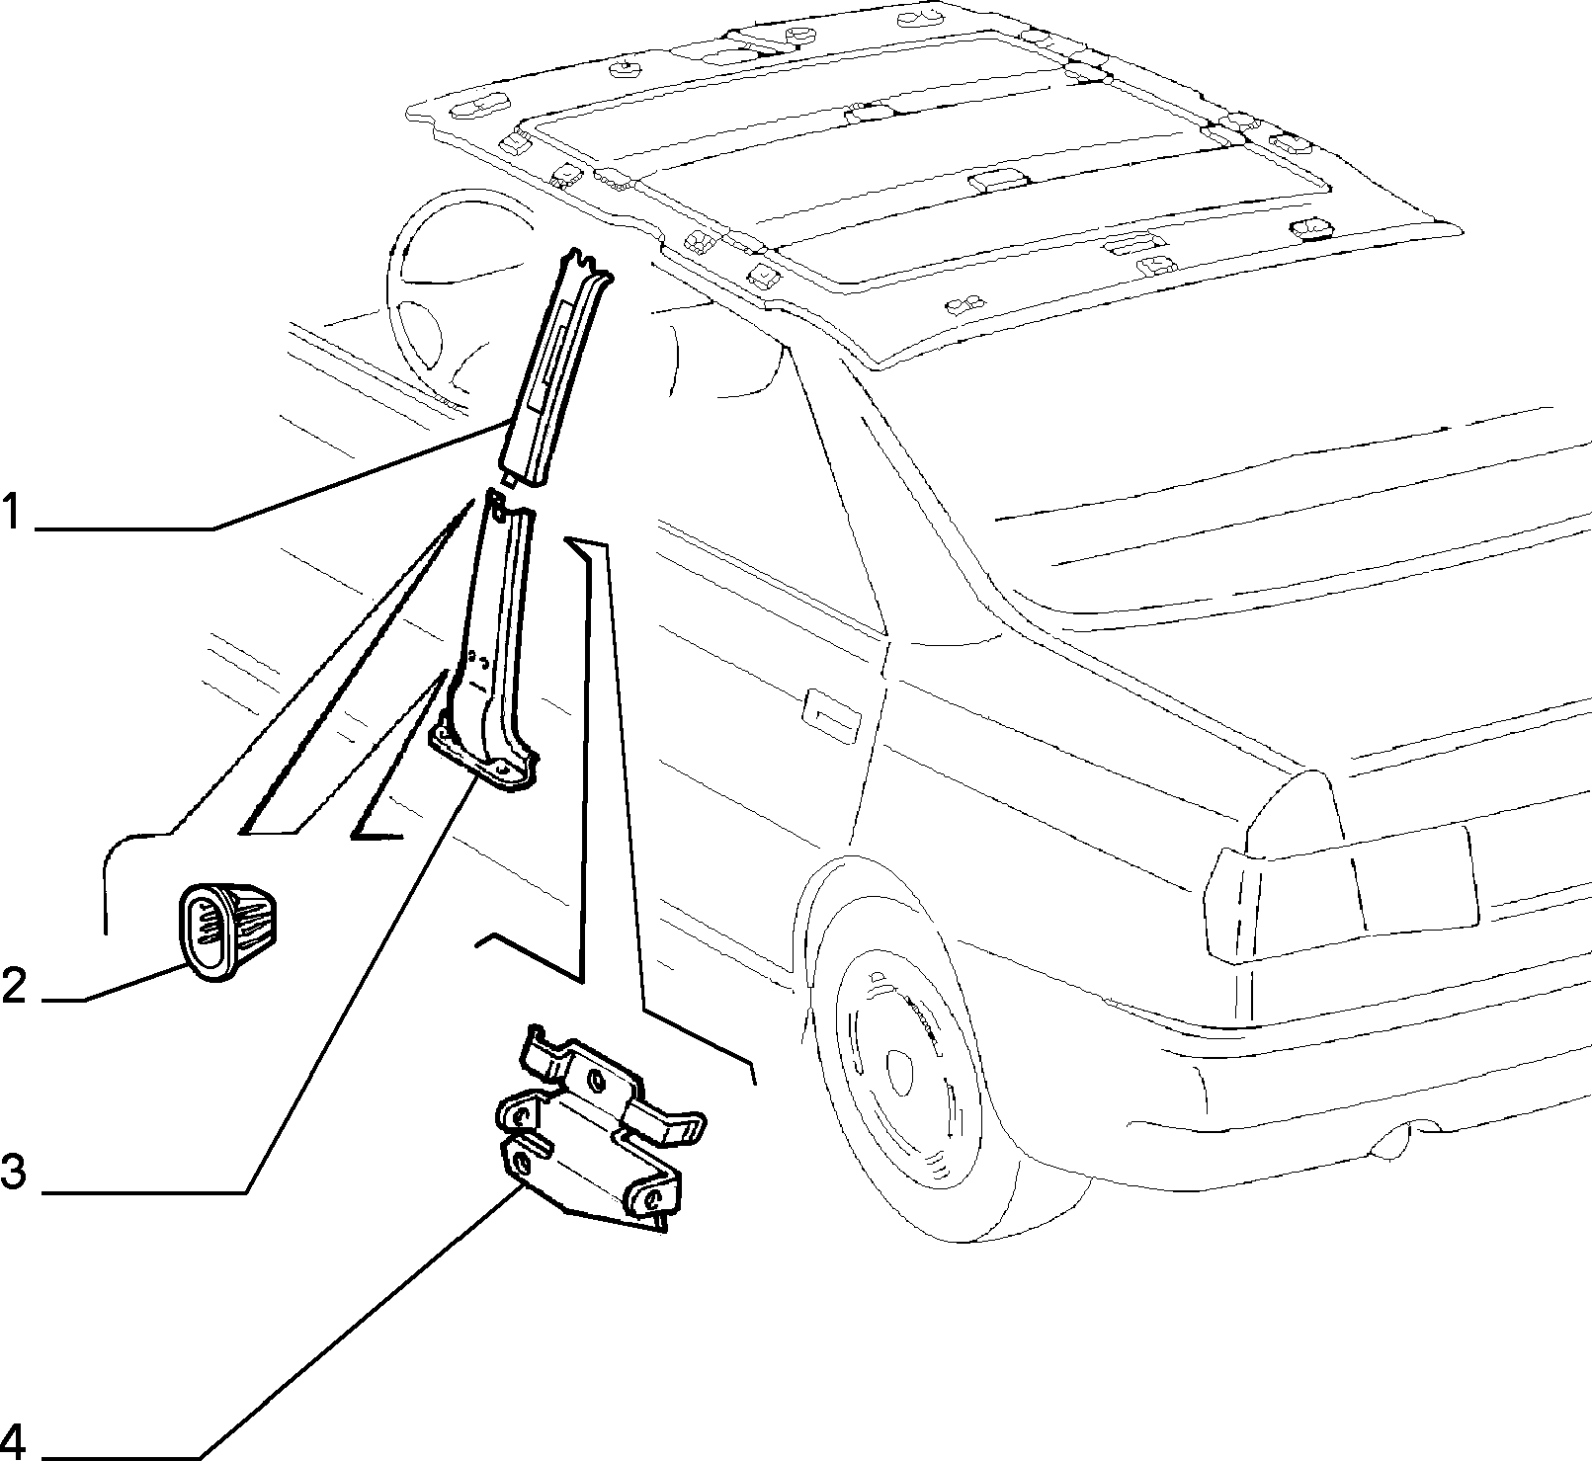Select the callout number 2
(x=13, y=986)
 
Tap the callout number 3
(x=13, y=1174)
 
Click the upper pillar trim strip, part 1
(x=554, y=370)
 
